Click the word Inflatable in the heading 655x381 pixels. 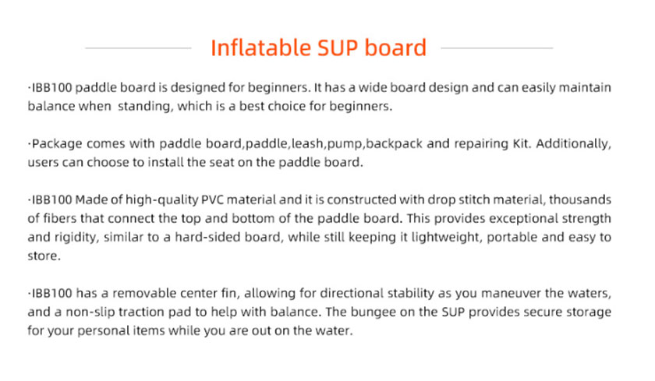pyautogui.click(x=260, y=48)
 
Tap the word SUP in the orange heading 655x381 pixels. pyautogui.click(x=338, y=48)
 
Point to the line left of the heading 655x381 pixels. pyautogui.click(x=138, y=48)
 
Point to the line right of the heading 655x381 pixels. pyautogui.click(x=497, y=48)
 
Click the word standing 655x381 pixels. pyautogui.click(x=144, y=107)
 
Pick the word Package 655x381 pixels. pyautogui.click(x=57, y=144)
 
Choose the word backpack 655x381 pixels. pyautogui.click(x=395, y=144)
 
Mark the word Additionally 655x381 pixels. pyautogui.click(x=574, y=144)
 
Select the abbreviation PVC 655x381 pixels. pyautogui.click(x=212, y=199)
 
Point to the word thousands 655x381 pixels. pyautogui.click(x=580, y=199)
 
